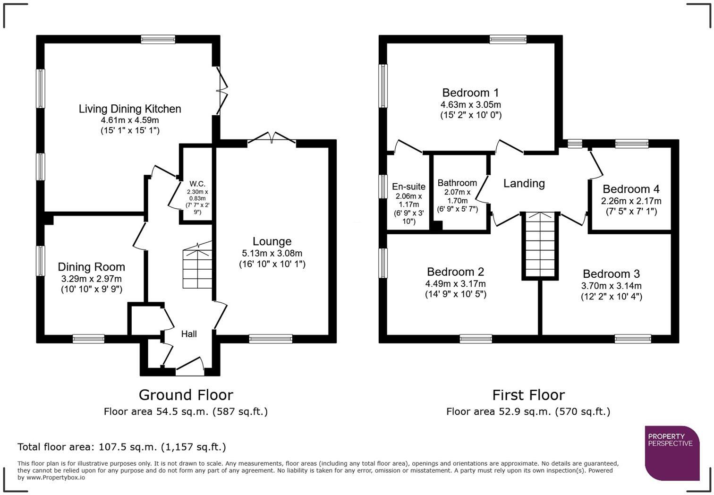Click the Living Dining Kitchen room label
(130, 109)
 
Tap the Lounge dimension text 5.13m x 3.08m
(272, 253)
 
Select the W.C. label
(197, 184)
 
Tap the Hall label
(189, 334)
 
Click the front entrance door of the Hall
(190, 366)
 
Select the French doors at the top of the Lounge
(272, 139)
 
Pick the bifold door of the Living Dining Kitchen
(222, 91)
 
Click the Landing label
(524, 183)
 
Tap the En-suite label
(408, 187)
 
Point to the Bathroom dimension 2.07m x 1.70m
(458, 196)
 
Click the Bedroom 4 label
(631, 189)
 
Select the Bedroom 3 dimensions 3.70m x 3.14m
(612, 286)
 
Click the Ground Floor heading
(186, 395)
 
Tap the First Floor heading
(528, 395)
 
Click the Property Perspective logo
(672, 453)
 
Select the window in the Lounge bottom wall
(271, 339)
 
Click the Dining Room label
(92, 267)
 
